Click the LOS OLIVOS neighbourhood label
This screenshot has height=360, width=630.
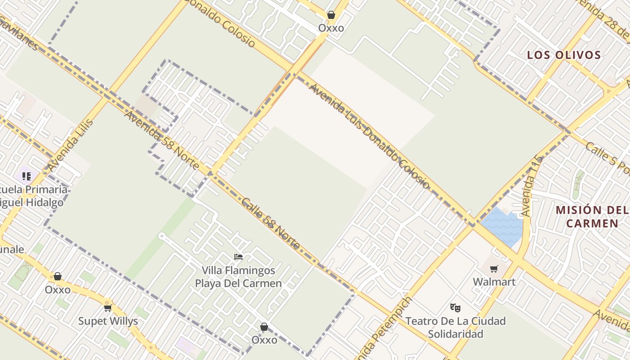click(x=564, y=55)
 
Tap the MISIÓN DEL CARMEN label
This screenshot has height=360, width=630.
click(x=592, y=216)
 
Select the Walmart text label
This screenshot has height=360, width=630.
click(x=494, y=282)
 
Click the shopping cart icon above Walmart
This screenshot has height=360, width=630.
click(x=494, y=269)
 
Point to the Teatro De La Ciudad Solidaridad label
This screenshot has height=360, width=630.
click(x=455, y=328)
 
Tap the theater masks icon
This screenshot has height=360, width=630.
click(x=455, y=308)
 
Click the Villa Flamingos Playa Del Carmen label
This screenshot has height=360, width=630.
click(x=238, y=277)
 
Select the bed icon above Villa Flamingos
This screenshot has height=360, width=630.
click(x=238, y=257)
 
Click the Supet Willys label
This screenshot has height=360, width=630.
click(x=108, y=321)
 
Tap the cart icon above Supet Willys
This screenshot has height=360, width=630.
click(x=108, y=308)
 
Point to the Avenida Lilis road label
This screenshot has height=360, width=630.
click(x=71, y=145)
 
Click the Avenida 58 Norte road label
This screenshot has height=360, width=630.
click(x=162, y=140)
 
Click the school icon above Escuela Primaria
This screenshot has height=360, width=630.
click(x=26, y=176)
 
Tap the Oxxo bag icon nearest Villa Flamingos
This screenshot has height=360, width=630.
click(x=264, y=327)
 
